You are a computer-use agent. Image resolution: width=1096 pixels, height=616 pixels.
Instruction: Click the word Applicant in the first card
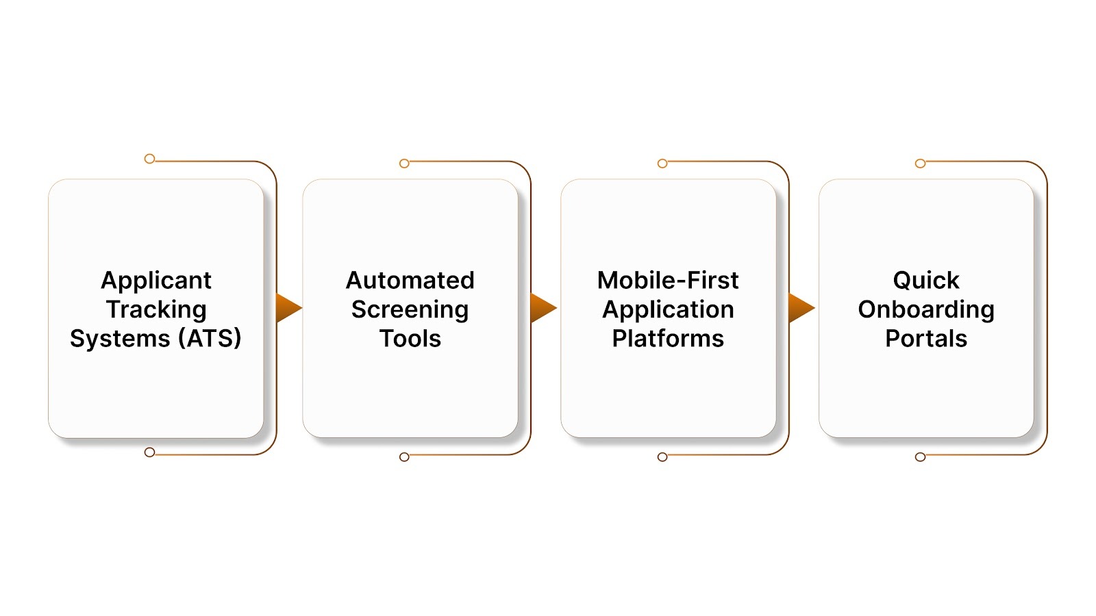tap(156, 281)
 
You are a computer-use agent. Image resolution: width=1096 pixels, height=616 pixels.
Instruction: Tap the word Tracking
tap(156, 309)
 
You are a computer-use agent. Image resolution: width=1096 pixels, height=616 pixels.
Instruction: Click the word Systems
tap(120, 339)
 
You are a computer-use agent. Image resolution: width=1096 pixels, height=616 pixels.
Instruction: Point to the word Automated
tap(410, 280)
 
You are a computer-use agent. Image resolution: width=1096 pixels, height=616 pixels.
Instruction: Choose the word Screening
tap(410, 309)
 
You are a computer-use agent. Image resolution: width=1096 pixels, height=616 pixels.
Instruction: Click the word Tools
tap(410, 338)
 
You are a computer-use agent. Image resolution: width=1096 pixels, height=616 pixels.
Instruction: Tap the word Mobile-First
tap(668, 280)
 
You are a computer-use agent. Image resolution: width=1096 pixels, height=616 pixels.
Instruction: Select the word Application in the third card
tap(668, 309)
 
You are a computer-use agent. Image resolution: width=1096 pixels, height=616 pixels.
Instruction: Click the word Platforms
tap(668, 338)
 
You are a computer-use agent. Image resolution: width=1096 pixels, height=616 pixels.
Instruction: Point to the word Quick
tap(926, 280)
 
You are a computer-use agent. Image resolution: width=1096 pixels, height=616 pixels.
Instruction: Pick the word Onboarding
tap(926, 309)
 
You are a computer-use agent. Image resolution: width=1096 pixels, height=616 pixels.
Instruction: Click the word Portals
tap(926, 338)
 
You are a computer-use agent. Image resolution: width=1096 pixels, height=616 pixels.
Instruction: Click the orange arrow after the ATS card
tap(288, 307)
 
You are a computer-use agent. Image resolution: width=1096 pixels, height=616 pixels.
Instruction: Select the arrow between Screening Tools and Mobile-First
tap(543, 307)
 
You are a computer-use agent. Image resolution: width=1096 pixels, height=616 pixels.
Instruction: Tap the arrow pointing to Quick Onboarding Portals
tap(800, 307)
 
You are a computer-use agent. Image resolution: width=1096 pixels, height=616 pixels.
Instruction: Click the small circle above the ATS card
tap(149, 159)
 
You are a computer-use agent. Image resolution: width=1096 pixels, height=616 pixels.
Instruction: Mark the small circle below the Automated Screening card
tap(404, 457)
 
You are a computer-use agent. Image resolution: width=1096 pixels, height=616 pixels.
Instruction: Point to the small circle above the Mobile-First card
tap(662, 164)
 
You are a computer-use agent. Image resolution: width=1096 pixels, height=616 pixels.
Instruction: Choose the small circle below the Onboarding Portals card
tap(920, 457)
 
